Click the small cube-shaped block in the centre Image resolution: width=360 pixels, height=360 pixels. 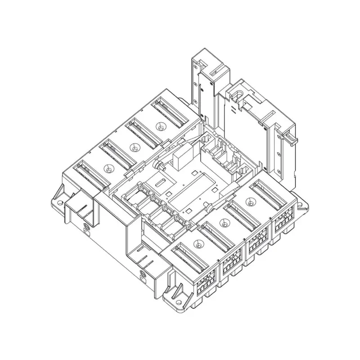pyautogui.click(x=181, y=159)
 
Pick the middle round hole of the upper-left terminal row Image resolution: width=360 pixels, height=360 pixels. pyautogui.click(x=134, y=147)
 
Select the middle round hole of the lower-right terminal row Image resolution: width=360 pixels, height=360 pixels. pyautogui.click(x=224, y=221)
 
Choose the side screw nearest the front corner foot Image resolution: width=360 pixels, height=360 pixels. pyautogui.click(x=144, y=273)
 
